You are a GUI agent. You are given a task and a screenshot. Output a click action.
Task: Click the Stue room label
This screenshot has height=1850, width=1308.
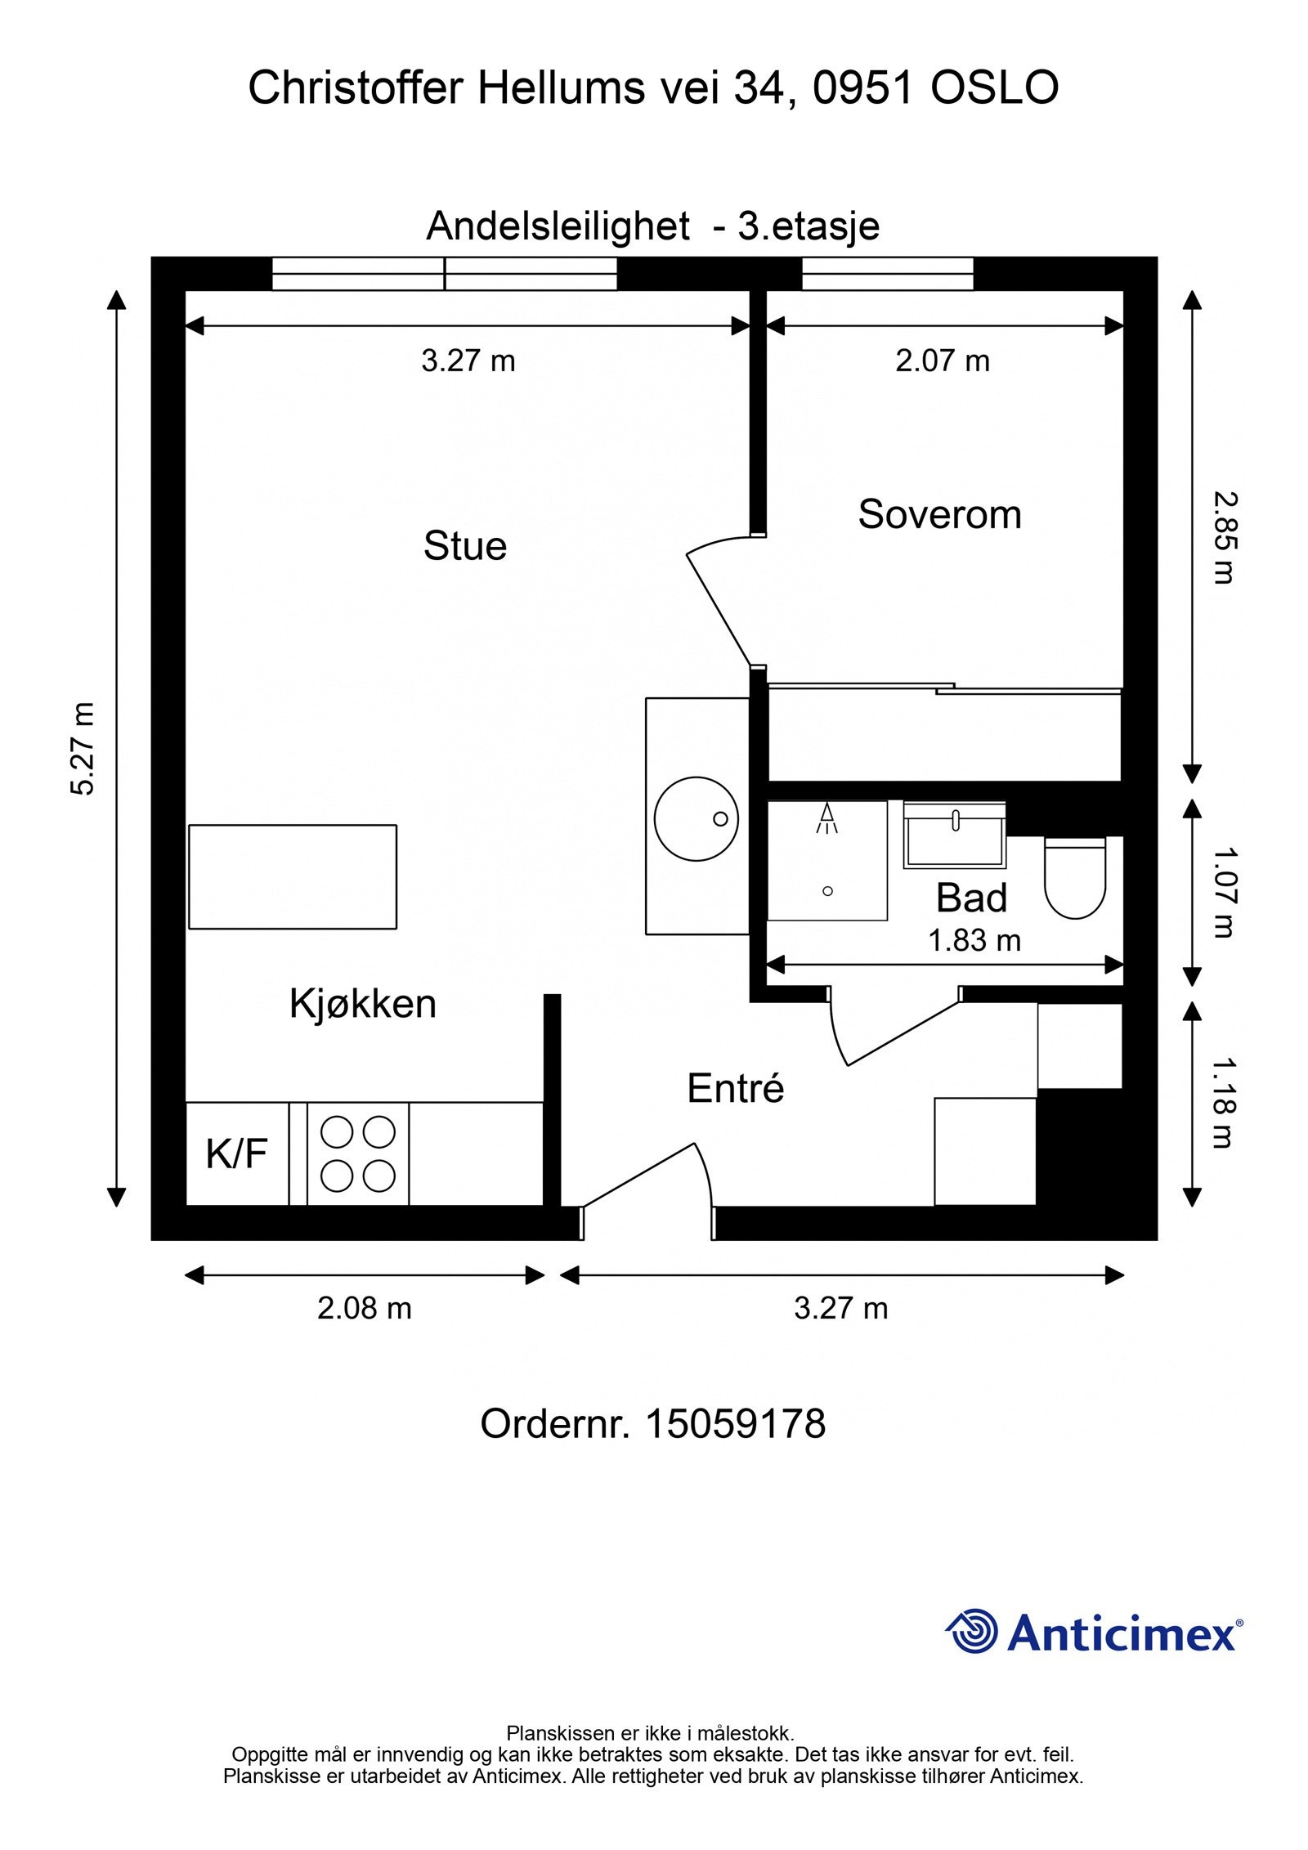[x=464, y=546]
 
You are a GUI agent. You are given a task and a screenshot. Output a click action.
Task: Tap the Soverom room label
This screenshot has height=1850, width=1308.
[x=939, y=515]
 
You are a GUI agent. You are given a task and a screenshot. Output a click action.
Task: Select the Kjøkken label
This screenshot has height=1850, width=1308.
[x=362, y=1004]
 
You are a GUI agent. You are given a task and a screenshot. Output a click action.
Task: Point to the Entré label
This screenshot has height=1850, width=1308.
[x=736, y=1088]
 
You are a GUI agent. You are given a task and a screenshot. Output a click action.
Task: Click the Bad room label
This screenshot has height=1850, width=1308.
[x=971, y=898]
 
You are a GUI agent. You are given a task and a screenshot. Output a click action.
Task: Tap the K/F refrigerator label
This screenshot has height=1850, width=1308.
[x=236, y=1154]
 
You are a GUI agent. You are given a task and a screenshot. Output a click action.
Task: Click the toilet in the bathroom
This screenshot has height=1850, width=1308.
[x=1075, y=877]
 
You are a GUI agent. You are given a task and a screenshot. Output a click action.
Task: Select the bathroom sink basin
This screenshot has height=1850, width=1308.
[x=954, y=835]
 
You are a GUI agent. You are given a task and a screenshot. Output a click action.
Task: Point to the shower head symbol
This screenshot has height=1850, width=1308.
[x=827, y=818]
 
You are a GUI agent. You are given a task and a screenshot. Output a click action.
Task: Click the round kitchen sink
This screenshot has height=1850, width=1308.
[x=697, y=818]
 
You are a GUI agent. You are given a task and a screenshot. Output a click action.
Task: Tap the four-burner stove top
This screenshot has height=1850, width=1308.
[x=358, y=1153]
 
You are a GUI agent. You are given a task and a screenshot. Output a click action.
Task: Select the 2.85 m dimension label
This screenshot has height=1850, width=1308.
[x=1224, y=537]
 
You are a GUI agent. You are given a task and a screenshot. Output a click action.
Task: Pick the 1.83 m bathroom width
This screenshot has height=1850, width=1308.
[x=974, y=941]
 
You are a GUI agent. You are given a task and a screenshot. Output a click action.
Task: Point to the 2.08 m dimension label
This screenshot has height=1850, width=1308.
[x=365, y=1309]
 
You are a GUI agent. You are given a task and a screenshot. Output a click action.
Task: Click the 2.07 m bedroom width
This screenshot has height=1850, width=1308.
[x=943, y=361]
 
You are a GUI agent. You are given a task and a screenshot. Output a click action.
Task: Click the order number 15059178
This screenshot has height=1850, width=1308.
[x=736, y=1424]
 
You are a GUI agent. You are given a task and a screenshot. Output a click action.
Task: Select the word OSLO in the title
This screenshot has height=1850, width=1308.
[x=995, y=88]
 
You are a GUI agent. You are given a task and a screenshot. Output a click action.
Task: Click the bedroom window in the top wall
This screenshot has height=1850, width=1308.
[x=887, y=274]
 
